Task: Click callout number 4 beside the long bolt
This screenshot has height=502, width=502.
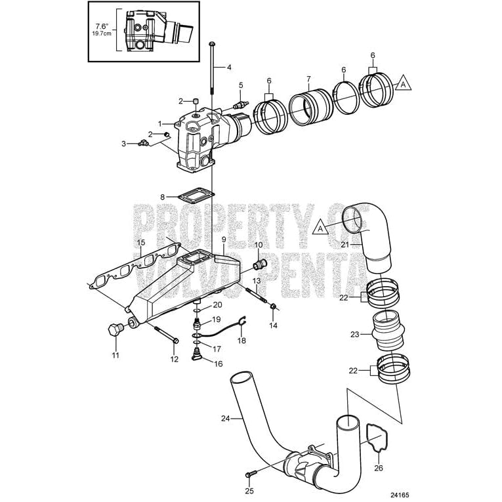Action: [x=229, y=67]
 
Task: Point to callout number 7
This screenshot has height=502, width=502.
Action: [x=308, y=79]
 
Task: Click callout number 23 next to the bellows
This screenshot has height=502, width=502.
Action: [x=355, y=334]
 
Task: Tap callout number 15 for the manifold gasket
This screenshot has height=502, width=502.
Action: [x=140, y=243]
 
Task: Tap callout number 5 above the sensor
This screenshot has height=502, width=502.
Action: [x=241, y=85]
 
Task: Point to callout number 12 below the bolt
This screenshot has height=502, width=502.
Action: [x=175, y=359]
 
